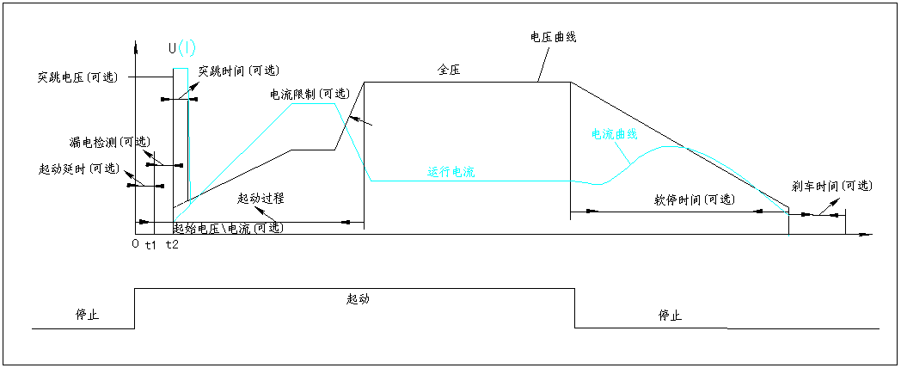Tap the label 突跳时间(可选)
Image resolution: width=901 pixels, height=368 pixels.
(x=239, y=71)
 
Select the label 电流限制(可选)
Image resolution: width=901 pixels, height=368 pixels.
(x=310, y=94)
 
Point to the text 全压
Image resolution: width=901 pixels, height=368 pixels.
(x=449, y=71)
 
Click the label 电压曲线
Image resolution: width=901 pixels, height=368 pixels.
(x=554, y=37)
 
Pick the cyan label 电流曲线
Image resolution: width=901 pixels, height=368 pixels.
(x=614, y=134)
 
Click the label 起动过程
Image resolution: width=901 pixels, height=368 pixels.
(x=261, y=199)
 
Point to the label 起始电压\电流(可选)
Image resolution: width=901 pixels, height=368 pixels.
(x=227, y=229)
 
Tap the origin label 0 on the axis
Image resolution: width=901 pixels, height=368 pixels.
(x=135, y=245)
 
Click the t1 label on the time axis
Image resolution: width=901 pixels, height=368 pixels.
(x=150, y=246)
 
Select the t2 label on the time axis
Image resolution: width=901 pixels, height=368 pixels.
(x=172, y=246)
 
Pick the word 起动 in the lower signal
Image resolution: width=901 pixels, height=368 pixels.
(x=358, y=299)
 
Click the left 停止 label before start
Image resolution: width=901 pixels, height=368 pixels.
(x=88, y=315)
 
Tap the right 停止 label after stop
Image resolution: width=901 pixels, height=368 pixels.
(x=670, y=315)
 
